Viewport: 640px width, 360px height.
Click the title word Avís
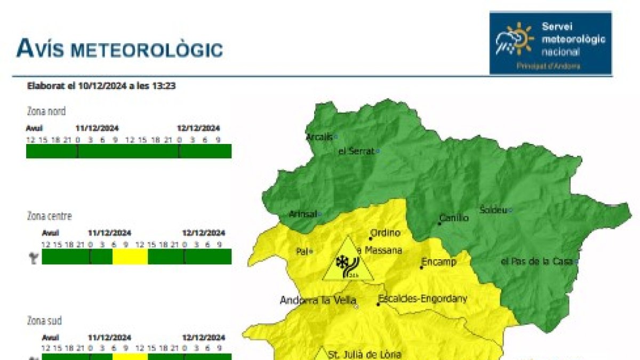click(39, 49)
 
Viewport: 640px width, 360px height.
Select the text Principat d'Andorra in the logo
click(548, 66)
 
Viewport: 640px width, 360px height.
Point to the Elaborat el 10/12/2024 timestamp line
click(101, 85)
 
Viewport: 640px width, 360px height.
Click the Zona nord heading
click(46, 111)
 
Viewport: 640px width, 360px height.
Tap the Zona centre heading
click(49, 216)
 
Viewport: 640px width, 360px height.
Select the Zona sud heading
click(44, 321)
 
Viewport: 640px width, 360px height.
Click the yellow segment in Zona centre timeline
click(130, 257)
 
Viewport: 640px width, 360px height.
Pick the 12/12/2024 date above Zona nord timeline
click(198, 128)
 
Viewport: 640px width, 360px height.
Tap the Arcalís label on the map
click(319, 137)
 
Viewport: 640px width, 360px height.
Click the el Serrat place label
click(356, 151)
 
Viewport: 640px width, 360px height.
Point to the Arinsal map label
click(302, 214)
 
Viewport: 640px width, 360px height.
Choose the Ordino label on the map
click(385, 233)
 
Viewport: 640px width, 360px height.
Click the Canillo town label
click(454, 218)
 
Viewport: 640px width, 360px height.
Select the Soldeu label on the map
click(493, 210)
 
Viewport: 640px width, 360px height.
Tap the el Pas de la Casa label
click(537, 261)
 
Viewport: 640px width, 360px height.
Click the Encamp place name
click(439, 262)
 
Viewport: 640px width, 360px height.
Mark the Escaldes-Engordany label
click(422, 299)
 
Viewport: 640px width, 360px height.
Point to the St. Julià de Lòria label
click(364, 354)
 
